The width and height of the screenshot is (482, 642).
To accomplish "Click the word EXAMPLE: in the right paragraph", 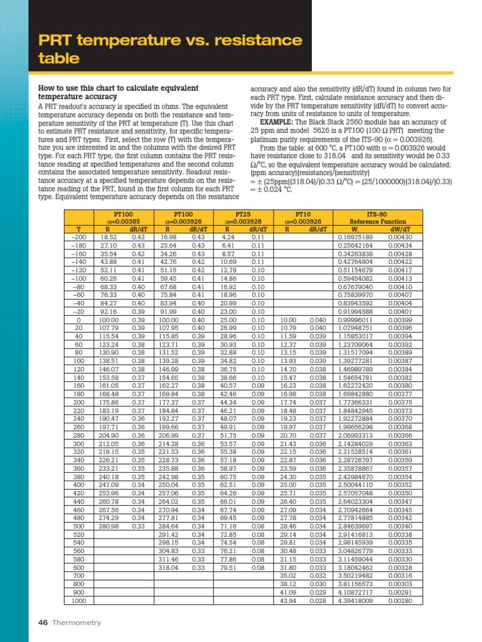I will [278, 122].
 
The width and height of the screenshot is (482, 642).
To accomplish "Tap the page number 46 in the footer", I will [43, 623].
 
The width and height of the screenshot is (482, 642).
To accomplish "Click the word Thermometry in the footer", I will [77, 623].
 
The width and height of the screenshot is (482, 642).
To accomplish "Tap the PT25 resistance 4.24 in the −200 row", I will [228, 237].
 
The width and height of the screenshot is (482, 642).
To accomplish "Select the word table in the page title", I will [60, 59].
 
